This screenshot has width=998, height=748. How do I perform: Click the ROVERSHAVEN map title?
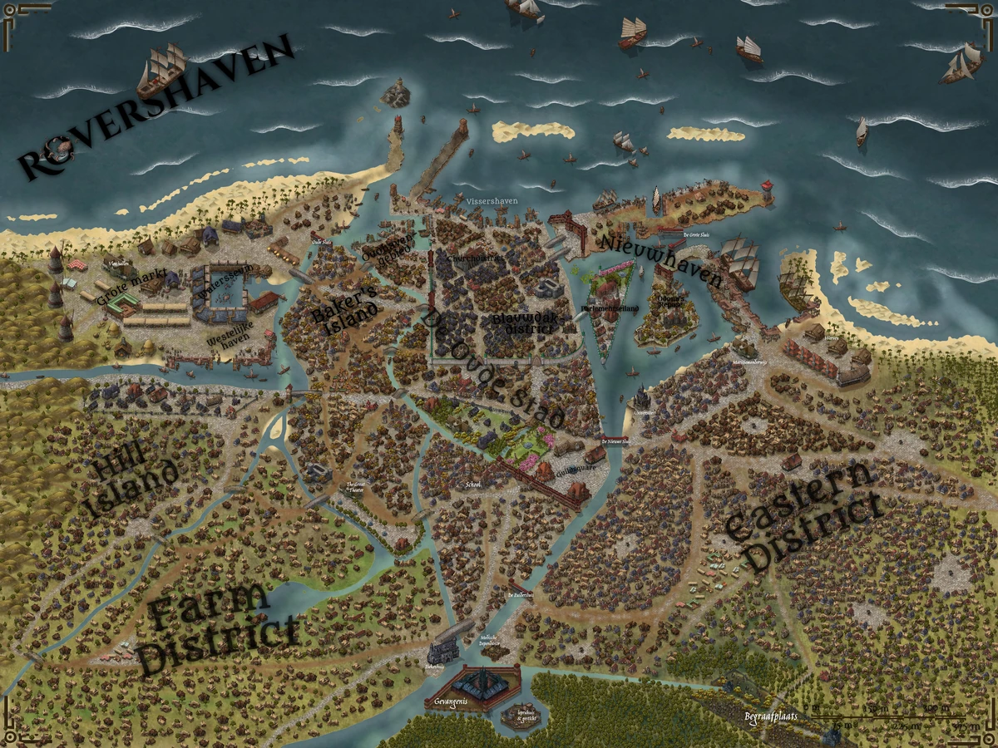point(158,108)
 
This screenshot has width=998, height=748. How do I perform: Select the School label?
point(472,484)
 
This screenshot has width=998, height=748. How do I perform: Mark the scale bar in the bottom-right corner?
point(898,715)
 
